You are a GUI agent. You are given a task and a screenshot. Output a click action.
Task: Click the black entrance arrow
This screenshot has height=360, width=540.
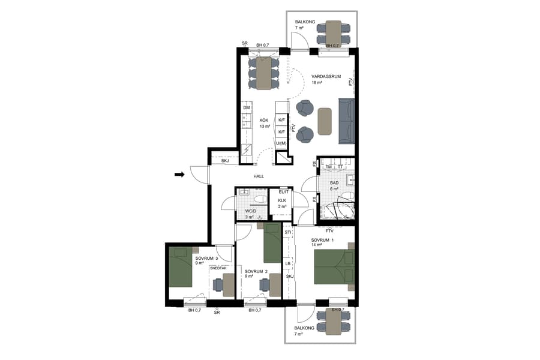(179, 175)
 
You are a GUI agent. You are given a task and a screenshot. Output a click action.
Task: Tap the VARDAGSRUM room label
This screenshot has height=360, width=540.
(326, 76)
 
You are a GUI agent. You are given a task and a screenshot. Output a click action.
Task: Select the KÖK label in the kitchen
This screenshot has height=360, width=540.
(264, 119)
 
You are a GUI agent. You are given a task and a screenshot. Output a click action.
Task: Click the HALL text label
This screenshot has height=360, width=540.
(259, 176)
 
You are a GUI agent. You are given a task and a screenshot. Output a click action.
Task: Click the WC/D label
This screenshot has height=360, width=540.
(251, 211)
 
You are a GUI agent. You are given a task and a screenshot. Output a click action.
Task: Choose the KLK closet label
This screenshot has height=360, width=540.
(282, 200)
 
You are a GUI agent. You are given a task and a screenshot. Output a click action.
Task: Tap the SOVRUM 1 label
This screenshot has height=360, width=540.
(322, 239)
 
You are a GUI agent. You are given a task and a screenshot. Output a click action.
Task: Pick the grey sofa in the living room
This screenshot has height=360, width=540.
(346, 121)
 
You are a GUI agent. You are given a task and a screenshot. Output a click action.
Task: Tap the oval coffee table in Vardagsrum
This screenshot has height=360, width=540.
(325, 121)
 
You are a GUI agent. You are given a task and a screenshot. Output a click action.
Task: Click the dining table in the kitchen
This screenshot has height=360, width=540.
(264, 74)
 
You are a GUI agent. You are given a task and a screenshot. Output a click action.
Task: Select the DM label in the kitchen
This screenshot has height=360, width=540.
(246, 108)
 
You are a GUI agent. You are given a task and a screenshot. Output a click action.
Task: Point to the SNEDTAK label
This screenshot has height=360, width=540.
(218, 268)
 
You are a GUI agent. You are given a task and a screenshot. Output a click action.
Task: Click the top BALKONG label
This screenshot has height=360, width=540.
(304, 23)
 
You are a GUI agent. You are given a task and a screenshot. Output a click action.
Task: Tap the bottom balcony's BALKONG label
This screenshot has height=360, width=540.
(304, 328)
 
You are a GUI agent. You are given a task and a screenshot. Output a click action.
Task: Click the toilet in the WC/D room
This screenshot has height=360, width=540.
(260, 199)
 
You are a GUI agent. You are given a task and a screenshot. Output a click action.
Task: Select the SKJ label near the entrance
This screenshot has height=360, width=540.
(226, 161)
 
